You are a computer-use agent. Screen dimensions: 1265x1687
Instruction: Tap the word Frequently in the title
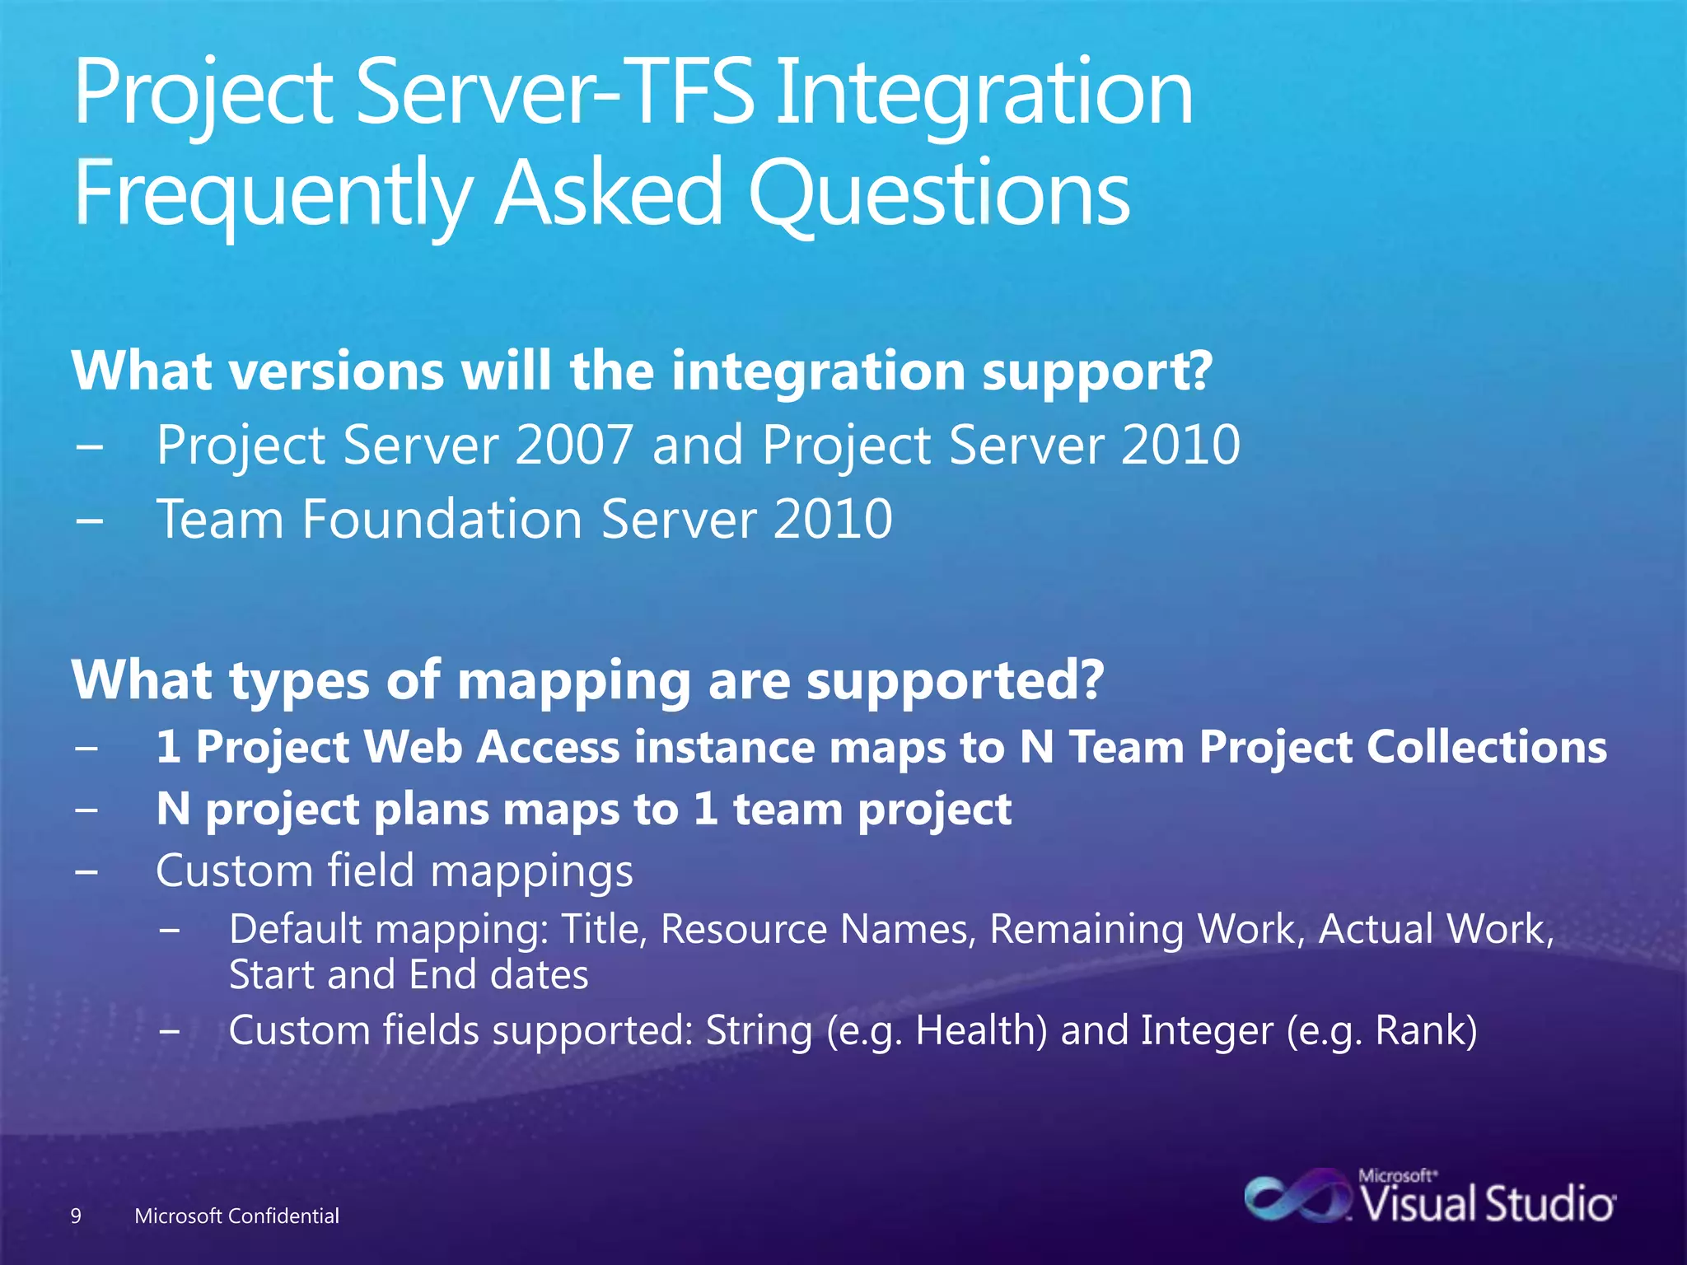(x=272, y=194)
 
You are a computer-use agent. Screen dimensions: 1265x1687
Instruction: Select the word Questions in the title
(x=939, y=194)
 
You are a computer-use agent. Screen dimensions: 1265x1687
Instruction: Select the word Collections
(x=1487, y=747)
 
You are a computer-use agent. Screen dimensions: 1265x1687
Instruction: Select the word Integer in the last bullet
(x=1207, y=1030)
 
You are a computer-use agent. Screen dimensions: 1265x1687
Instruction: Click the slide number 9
(x=76, y=1216)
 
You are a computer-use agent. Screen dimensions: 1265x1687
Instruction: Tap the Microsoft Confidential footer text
(x=236, y=1216)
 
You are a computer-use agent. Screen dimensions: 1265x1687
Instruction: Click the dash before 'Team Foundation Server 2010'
(x=88, y=520)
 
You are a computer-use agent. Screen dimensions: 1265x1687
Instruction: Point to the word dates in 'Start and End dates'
(x=539, y=975)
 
